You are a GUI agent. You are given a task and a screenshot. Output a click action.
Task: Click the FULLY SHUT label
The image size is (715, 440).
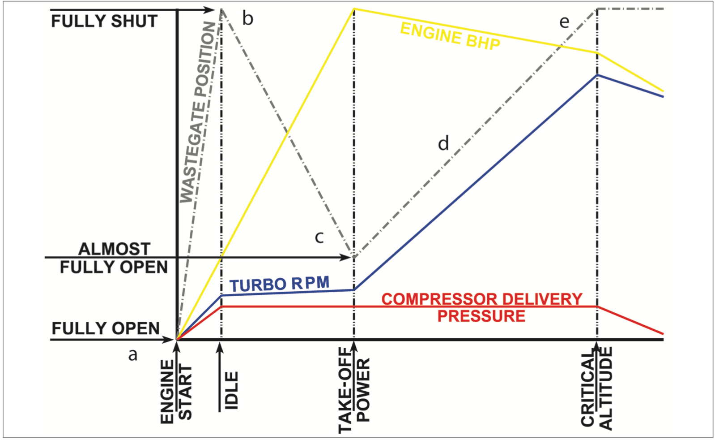(x=104, y=21)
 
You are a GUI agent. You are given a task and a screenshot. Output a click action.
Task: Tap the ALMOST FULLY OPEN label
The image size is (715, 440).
(x=114, y=258)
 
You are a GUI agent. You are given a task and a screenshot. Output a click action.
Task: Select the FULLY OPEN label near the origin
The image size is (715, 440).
(x=106, y=328)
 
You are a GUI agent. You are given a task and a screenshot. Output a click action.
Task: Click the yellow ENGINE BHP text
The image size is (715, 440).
(x=450, y=36)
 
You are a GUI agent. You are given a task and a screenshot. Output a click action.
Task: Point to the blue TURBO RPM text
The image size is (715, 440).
(x=280, y=284)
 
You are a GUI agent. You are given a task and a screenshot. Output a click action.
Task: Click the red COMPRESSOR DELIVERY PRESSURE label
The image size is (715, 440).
(x=481, y=307)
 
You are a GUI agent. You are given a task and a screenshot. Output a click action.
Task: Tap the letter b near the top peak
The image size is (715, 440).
(x=247, y=19)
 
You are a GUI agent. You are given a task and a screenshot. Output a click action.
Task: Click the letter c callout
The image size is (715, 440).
(x=319, y=237)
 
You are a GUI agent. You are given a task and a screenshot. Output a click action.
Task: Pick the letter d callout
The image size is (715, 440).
(x=443, y=143)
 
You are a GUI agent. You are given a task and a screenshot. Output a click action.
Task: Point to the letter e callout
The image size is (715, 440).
(x=564, y=22)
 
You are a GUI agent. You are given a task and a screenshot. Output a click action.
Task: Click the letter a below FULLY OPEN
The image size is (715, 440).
(x=132, y=354)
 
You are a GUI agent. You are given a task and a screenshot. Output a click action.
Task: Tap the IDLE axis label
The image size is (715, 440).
(x=231, y=390)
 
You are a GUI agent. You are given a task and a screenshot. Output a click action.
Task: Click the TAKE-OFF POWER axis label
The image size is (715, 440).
(x=354, y=390)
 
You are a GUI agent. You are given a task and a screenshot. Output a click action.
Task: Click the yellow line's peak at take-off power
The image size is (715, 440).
(x=354, y=9)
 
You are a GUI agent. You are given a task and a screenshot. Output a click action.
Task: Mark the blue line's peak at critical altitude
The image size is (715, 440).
(x=597, y=75)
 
